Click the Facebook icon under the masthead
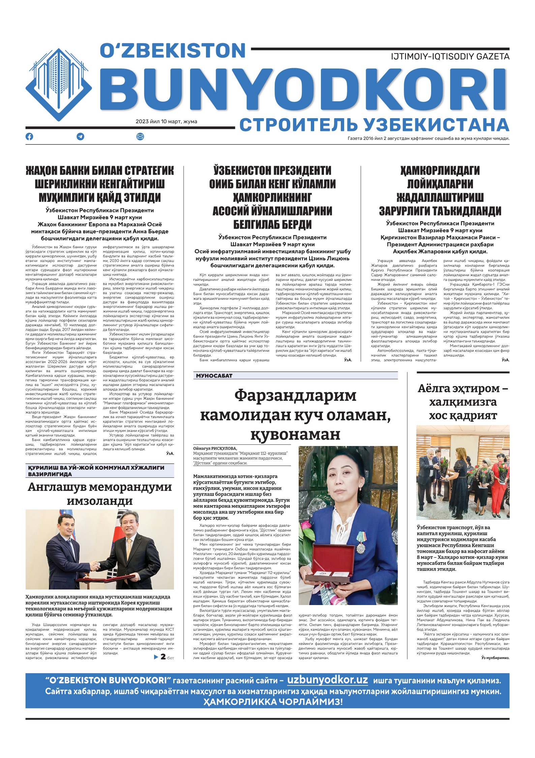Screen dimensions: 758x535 point(30,137)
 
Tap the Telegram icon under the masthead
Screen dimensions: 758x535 point(80,137)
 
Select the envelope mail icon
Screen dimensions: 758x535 point(140,137)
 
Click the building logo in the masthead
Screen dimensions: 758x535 point(59,84)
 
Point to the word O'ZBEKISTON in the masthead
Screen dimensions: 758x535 point(173,51)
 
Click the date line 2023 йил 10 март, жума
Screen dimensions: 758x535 point(167,122)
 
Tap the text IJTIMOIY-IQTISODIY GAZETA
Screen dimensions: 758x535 point(450,57)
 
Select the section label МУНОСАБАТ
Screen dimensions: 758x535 point(214,376)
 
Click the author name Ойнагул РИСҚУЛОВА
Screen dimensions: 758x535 point(215,448)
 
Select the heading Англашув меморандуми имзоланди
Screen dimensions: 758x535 point(100,494)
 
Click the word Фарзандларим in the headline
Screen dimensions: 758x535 point(295,395)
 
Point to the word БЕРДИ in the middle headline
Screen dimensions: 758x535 point(289,225)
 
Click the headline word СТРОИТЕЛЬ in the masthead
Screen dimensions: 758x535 point(299,125)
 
